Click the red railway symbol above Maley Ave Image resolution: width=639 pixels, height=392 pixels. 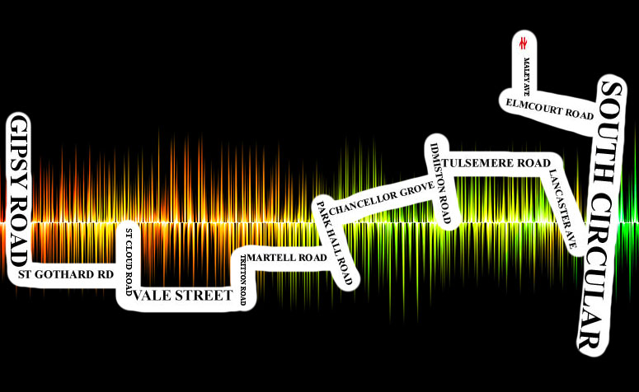(524, 42)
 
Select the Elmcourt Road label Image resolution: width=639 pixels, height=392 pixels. (550, 110)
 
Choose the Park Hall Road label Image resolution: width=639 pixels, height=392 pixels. (336, 243)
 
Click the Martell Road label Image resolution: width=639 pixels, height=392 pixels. (287, 258)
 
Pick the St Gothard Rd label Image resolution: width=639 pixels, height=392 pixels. (65, 273)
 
